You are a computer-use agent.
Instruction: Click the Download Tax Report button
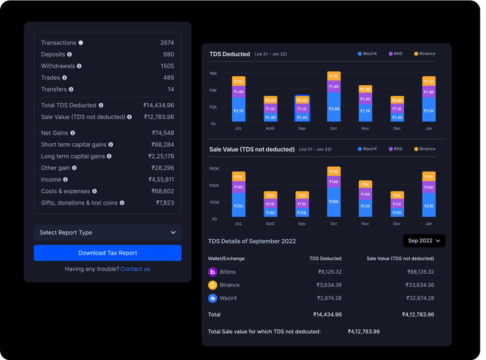(x=107, y=253)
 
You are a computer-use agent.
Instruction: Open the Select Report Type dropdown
(x=107, y=233)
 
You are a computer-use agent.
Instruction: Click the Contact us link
(x=135, y=269)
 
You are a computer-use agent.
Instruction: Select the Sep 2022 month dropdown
(x=424, y=241)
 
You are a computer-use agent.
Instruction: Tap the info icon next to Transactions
(x=81, y=43)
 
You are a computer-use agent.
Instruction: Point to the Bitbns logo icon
(x=212, y=272)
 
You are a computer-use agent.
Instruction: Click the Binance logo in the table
(x=212, y=285)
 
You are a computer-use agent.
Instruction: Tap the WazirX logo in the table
(x=212, y=298)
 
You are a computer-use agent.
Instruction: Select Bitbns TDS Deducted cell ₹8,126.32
(x=329, y=272)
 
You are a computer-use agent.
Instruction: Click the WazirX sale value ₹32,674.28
(x=419, y=298)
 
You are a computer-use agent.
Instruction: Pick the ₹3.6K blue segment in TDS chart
(x=333, y=109)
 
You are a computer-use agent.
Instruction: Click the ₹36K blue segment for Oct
(x=333, y=201)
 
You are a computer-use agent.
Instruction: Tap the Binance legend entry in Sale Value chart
(x=424, y=149)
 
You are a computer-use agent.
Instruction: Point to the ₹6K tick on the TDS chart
(x=213, y=73)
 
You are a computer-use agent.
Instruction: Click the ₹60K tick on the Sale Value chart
(x=214, y=169)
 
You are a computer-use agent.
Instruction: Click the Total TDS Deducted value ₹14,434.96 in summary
(x=158, y=105)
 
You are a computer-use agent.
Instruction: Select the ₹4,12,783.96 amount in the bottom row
(x=363, y=332)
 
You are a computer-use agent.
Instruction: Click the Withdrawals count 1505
(x=167, y=66)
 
